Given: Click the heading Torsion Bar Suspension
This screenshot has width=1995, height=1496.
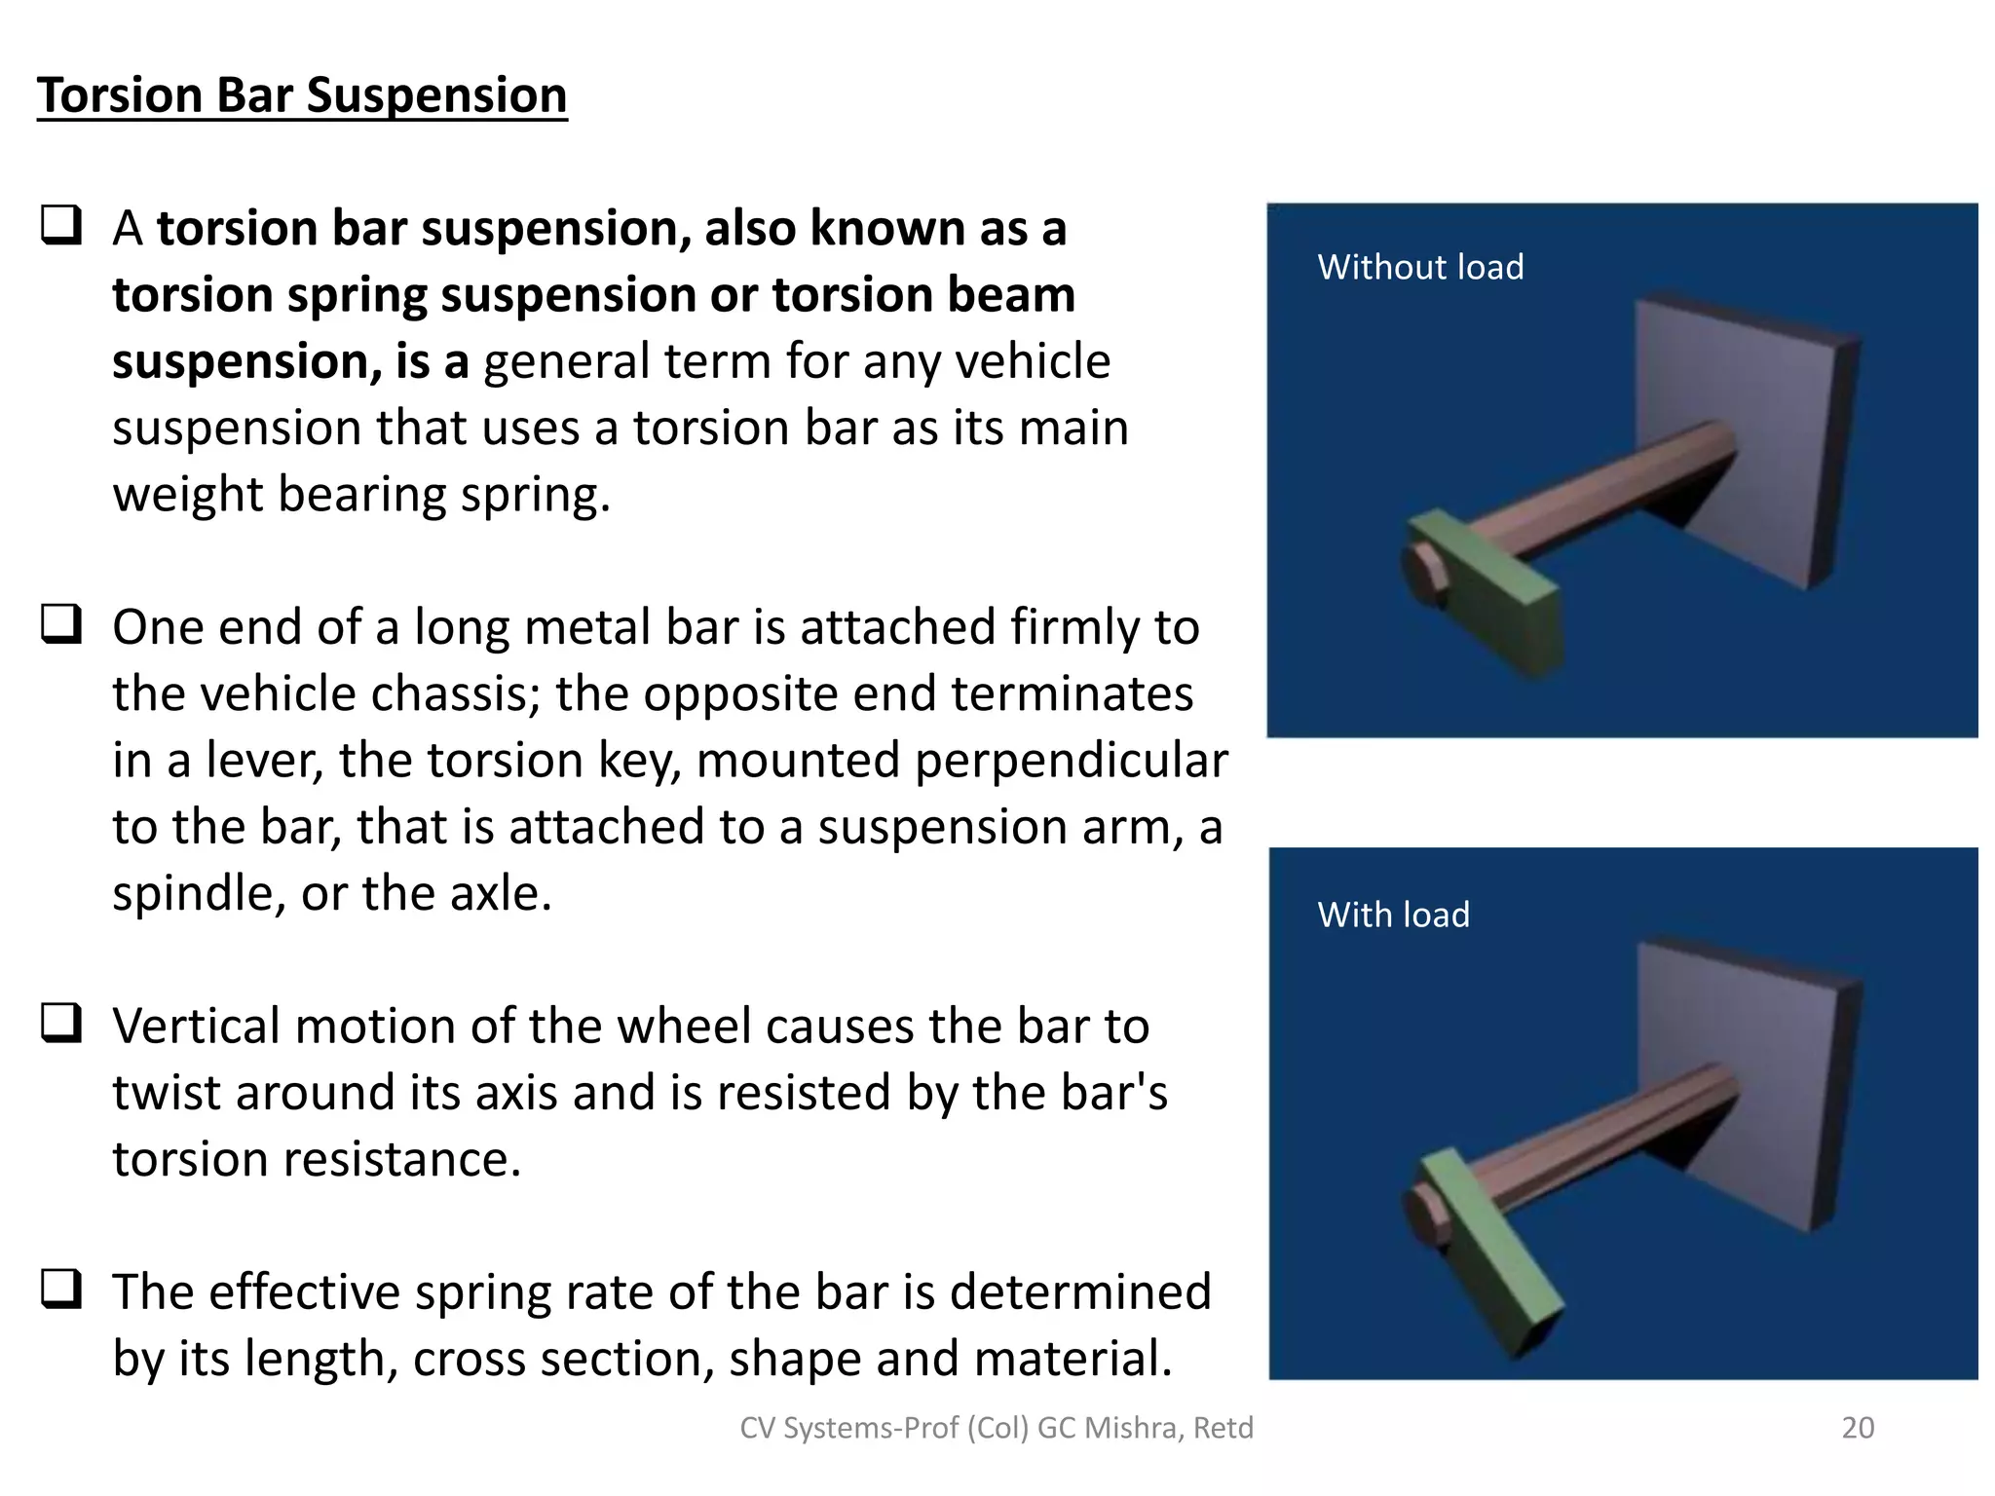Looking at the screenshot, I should pyautogui.click(x=302, y=95).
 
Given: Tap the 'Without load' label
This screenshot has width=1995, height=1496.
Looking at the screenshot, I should pyautogui.click(x=1419, y=267).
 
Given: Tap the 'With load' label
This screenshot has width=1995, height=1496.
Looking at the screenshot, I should pyautogui.click(x=1393, y=915).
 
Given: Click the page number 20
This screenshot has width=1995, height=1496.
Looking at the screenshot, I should pyautogui.click(x=1857, y=1427).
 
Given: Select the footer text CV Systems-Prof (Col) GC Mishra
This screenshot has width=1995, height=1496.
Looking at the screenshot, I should pyautogui.click(x=996, y=1427).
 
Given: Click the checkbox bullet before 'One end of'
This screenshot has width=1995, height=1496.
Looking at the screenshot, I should pyautogui.click(x=60, y=624).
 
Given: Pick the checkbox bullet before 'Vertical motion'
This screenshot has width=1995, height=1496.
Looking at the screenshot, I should pyautogui.click(x=60, y=1024).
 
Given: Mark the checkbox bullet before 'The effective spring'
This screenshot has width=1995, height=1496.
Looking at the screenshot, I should pyautogui.click(x=60, y=1290).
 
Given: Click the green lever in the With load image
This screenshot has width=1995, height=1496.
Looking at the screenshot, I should pyautogui.click(x=1490, y=1256).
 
